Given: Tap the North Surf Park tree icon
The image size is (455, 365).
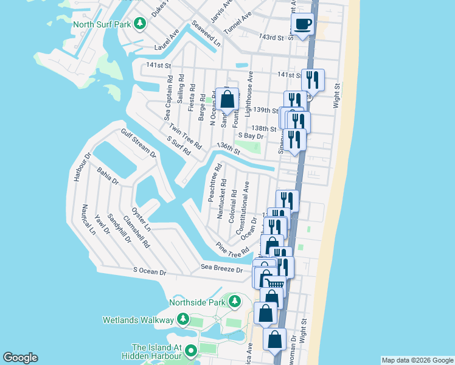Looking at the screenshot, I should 141,24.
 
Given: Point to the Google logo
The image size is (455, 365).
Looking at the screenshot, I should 20,358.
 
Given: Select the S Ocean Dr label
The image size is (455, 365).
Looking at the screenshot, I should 141,273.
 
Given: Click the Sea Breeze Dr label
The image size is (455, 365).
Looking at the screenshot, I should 222,269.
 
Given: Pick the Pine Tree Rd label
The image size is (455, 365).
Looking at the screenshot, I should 234,248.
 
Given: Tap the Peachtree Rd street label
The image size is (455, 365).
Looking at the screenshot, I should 214,183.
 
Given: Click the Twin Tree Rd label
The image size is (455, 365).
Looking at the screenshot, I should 186,137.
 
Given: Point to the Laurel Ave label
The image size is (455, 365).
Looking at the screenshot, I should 168,40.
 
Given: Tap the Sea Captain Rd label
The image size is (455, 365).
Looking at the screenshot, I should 168,98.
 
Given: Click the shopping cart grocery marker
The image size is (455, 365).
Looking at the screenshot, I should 276,283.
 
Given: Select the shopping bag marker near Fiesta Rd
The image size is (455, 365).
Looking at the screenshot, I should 227,99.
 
